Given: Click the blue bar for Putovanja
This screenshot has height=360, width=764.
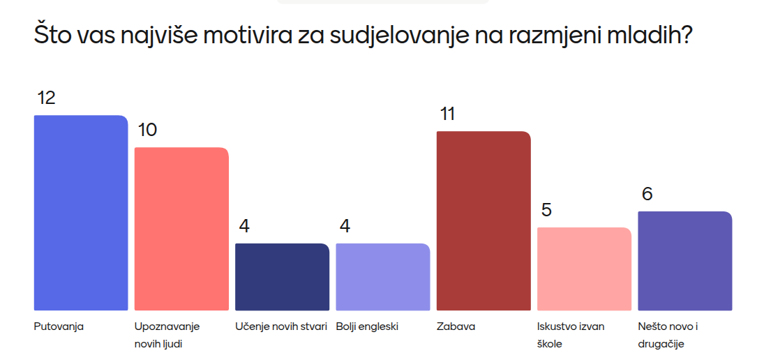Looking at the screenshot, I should point(81,213).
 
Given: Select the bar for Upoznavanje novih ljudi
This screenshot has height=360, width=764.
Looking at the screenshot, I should point(181,229).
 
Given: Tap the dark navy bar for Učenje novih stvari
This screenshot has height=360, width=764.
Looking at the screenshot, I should point(282,277).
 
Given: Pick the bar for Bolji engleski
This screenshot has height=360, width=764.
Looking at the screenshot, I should point(383,277).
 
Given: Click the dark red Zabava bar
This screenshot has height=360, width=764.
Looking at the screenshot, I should point(484,220).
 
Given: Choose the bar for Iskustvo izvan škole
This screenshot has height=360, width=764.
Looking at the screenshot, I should point(584,269).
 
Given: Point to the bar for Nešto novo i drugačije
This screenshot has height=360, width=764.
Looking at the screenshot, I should point(685,261).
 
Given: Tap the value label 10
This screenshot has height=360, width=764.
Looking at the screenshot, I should point(147,130).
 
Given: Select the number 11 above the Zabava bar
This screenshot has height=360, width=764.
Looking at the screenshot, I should point(447,114).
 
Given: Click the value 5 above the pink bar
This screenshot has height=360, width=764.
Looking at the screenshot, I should point(546,211).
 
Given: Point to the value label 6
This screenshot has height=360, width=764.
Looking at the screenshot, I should point(647,195).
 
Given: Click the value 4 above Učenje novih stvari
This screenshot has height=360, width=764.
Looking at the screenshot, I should point(244,227).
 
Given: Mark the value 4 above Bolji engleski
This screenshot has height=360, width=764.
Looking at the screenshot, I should point(345,227).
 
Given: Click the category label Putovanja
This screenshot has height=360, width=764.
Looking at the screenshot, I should point(59,326).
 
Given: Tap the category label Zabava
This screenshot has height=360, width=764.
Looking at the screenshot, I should point(456,326).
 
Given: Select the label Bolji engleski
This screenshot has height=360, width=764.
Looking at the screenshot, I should point(367,326).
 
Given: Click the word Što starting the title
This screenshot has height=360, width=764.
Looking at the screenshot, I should point(50,36).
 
